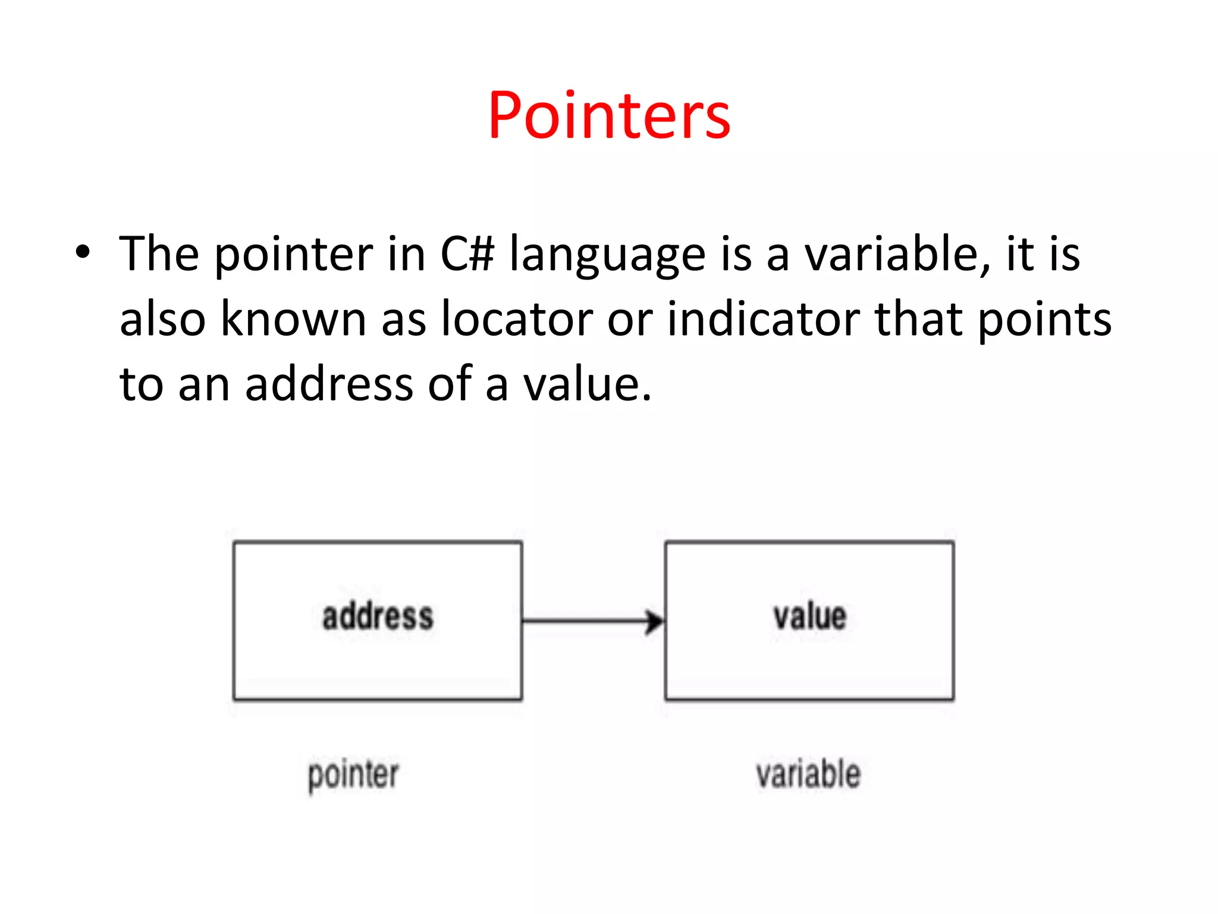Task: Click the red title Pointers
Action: (609, 115)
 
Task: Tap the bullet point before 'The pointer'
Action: (83, 252)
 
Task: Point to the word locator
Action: (517, 320)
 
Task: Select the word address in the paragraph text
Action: (329, 384)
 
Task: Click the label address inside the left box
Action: (378, 616)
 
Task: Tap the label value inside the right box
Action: (809, 616)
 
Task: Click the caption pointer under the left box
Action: (353, 775)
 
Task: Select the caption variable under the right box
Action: (808, 774)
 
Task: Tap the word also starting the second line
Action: (162, 320)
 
